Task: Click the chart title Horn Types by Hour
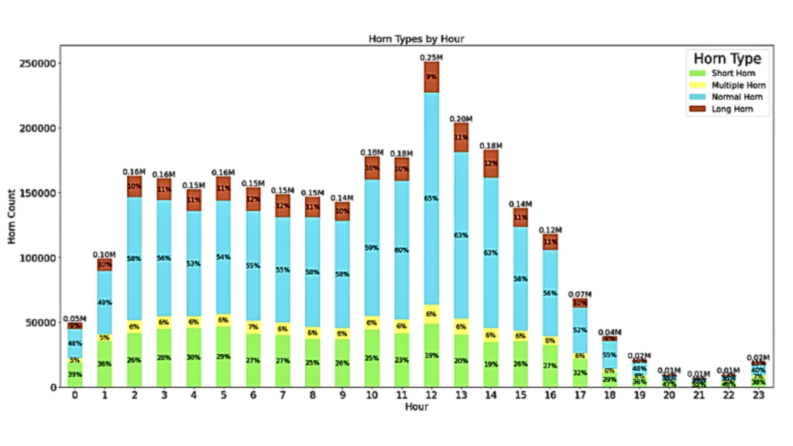click(417, 39)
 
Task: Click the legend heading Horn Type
click(726, 58)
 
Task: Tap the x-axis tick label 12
click(431, 396)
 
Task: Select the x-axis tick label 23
click(758, 396)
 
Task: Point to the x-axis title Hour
click(417, 407)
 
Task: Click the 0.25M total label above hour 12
click(431, 57)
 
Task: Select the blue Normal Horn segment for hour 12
click(431, 198)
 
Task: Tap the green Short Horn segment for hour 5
click(223, 356)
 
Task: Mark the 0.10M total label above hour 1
click(105, 254)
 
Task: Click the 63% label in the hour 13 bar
click(462, 235)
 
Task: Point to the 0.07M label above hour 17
click(580, 294)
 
